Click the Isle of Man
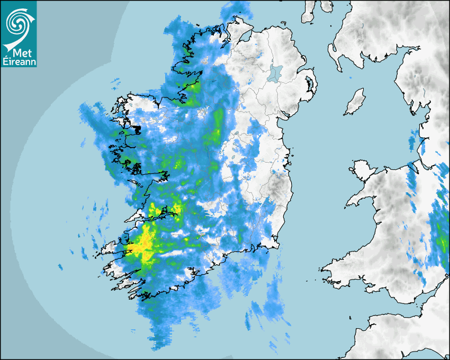pyautogui.click(x=355, y=102)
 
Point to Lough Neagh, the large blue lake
pyautogui.click(x=275, y=73)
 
